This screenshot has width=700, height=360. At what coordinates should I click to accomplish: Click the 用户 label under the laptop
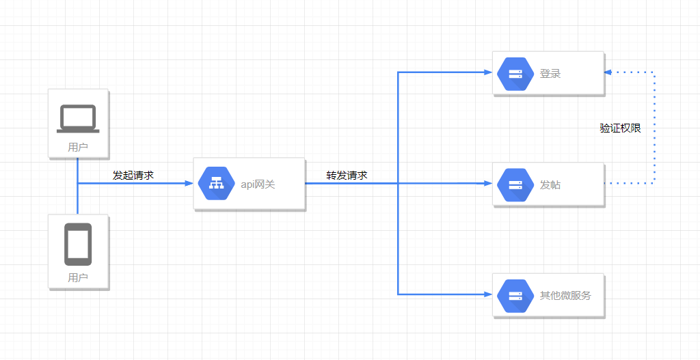[x=78, y=147]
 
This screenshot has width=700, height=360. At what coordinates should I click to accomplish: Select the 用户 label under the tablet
[x=78, y=277]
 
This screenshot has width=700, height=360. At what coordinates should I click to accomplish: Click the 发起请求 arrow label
[x=133, y=176]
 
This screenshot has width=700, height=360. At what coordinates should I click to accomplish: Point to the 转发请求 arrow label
[x=347, y=176]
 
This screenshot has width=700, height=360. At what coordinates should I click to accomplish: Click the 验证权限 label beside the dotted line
[x=621, y=128]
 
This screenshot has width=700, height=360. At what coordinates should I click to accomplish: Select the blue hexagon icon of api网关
[x=216, y=184]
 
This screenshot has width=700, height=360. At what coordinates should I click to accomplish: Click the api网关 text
[x=258, y=184]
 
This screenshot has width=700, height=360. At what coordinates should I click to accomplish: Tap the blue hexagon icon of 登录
[x=515, y=74]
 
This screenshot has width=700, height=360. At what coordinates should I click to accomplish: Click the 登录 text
[x=550, y=74]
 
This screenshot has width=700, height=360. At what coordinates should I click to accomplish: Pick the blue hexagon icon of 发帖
[x=515, y=184]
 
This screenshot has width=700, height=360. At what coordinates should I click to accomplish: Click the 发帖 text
[x=550, y=184]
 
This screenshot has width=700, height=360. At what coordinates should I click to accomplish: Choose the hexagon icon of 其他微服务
[x=515, y=296]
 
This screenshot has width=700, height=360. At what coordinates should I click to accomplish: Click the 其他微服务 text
[x=565, y=296]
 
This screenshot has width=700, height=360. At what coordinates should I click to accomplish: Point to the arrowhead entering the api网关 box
[x=189, y=183]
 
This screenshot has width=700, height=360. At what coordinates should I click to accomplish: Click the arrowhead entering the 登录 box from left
[x=488, y=72]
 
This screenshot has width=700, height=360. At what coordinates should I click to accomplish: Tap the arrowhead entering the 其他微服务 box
[x=488, y=294]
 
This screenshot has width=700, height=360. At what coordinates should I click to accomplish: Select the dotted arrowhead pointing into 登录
[x=608, y=72]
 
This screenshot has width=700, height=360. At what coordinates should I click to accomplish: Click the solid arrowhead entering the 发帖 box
[x=488, y=183]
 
